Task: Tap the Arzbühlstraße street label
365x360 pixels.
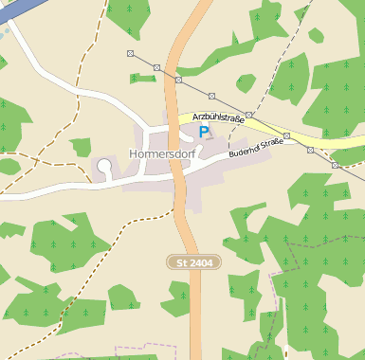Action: coord(218,117)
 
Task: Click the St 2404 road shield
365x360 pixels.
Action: coord(193,261)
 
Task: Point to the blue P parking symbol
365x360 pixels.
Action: coord(204,134)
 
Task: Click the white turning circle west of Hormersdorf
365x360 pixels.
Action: coord(104,167)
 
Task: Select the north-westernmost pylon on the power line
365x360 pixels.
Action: coord(130,53)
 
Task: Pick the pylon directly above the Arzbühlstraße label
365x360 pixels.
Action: coord(212,96)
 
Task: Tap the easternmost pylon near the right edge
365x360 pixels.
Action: coord(335,164)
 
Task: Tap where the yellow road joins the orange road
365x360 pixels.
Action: coord(180,118)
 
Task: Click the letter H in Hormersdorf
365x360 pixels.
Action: coord(131,153)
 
